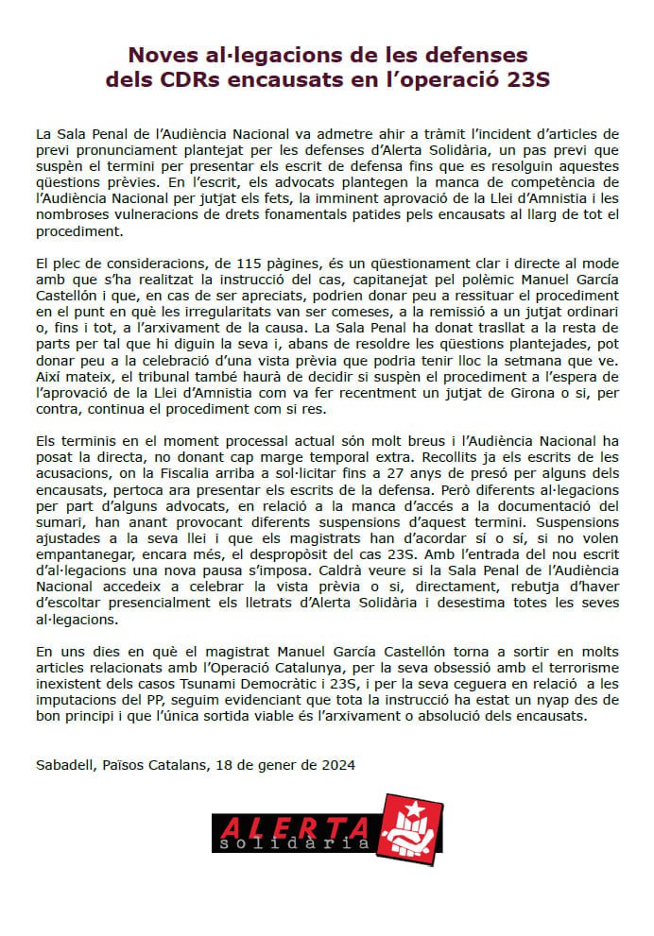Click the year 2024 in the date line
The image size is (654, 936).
[x=338, y=765]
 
